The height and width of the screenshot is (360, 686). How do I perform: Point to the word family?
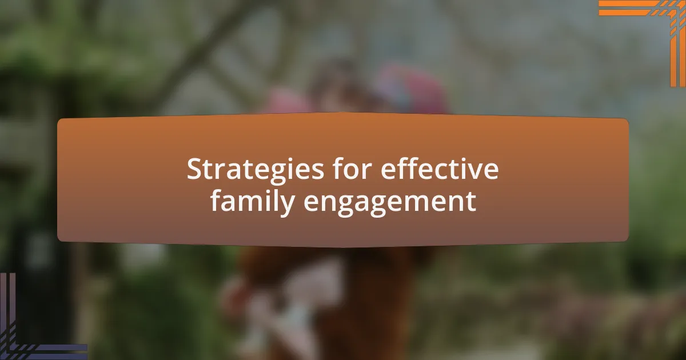pyautogui.click(x=253, y=202)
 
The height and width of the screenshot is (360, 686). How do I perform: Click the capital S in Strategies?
pyautogui.click(x=195, y=169)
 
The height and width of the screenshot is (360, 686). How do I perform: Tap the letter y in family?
pyautogui.click(x=286, y=206)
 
